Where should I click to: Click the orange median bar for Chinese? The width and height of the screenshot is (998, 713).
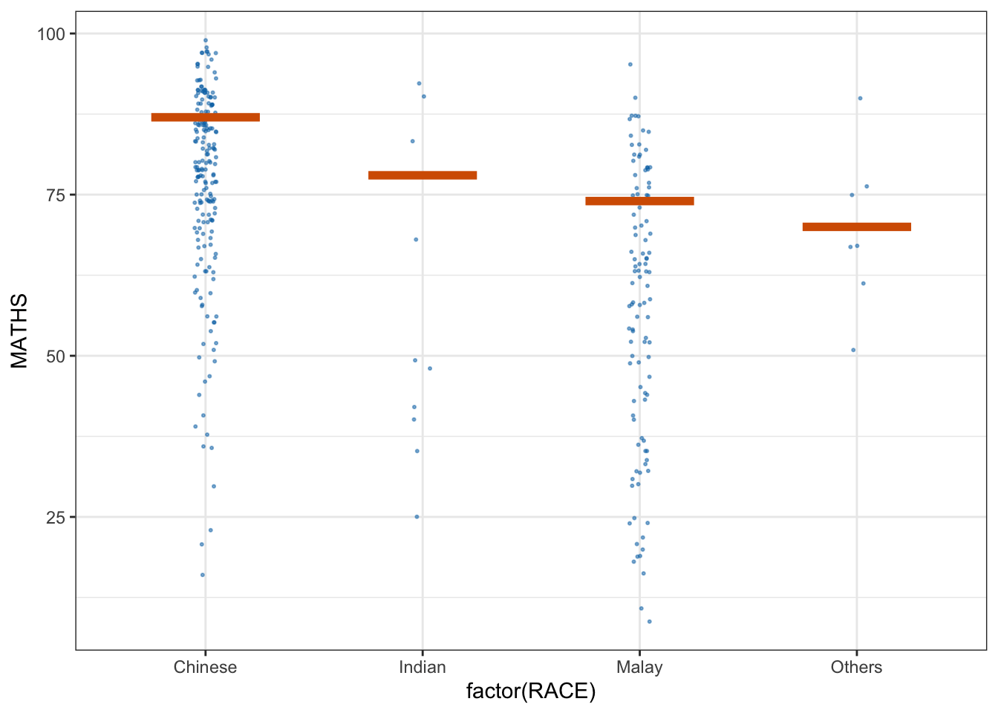(206, 117)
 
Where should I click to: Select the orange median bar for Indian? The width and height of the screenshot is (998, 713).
(423, 175)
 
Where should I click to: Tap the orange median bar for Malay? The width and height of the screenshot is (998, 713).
(639, 201)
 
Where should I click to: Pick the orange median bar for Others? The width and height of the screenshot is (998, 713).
(856, 227)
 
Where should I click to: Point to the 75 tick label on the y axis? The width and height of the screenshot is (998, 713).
(56, 195)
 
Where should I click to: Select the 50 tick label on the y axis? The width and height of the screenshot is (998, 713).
(56, 356)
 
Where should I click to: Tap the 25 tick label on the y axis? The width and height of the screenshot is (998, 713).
(56, 518)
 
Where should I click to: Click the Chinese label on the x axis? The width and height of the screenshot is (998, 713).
(206, 667)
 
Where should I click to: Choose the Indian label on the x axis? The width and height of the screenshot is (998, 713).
(423, 667)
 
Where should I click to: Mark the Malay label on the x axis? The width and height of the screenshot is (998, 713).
(639, 667)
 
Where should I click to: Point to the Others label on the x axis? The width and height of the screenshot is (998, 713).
(856, 667)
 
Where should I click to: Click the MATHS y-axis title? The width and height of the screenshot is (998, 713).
(19, 331)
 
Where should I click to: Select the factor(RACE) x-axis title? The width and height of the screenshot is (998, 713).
(531, 692)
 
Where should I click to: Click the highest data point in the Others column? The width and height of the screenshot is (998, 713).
(860, 98)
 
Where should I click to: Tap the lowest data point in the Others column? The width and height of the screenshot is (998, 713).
(853, 350)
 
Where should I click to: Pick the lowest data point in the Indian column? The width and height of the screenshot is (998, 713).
(417, 517)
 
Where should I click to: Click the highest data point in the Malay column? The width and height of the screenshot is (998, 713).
(630, 65)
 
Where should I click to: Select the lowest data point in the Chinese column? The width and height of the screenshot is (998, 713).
(203, 575)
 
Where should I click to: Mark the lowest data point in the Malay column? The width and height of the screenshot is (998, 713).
(650, 622)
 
